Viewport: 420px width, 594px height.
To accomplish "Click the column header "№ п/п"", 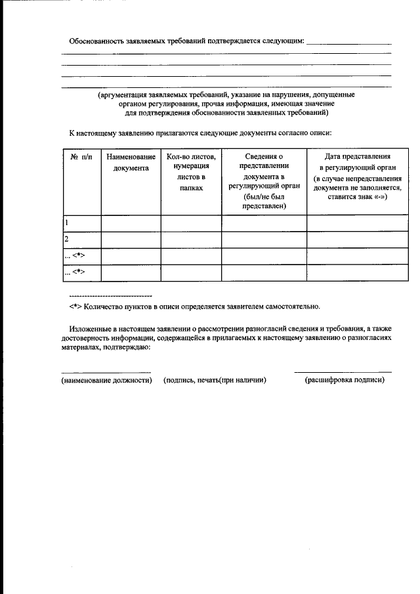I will click(81, 158).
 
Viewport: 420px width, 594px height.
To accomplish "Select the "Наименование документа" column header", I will click(131, 163).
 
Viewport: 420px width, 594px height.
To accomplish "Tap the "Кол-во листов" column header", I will click(191, 172).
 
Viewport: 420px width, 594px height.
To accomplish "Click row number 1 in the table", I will click(67, 223).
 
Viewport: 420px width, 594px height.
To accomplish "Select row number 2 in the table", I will click(67, 240).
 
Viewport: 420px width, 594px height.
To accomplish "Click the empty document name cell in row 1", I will click(131, 223).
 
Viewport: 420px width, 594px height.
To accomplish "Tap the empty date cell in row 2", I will click(358, 240).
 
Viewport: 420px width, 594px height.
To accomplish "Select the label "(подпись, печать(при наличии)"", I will click(215, 381).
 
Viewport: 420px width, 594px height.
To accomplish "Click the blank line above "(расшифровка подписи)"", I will click(343, 371).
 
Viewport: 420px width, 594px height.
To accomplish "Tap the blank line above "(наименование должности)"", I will click(106, 371).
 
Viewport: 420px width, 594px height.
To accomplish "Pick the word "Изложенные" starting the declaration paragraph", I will click(89, 328).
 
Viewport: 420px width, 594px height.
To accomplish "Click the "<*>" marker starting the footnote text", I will click(75, 307).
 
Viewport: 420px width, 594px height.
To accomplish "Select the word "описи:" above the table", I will click(321, 133).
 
